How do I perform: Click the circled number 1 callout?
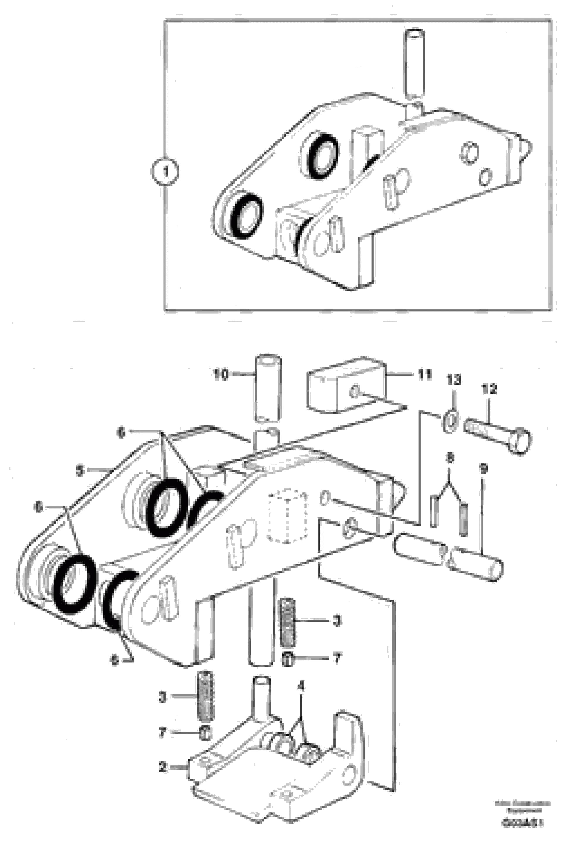[x=165, y=171]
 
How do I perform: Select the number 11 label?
[x=425, y=374]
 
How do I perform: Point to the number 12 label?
[x=489, y=389]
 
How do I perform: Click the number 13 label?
[x=454, y=380]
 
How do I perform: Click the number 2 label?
[x=163, y=767]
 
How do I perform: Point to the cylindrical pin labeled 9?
[x=476, y=564]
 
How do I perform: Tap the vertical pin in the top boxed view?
[x=414, y=64]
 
